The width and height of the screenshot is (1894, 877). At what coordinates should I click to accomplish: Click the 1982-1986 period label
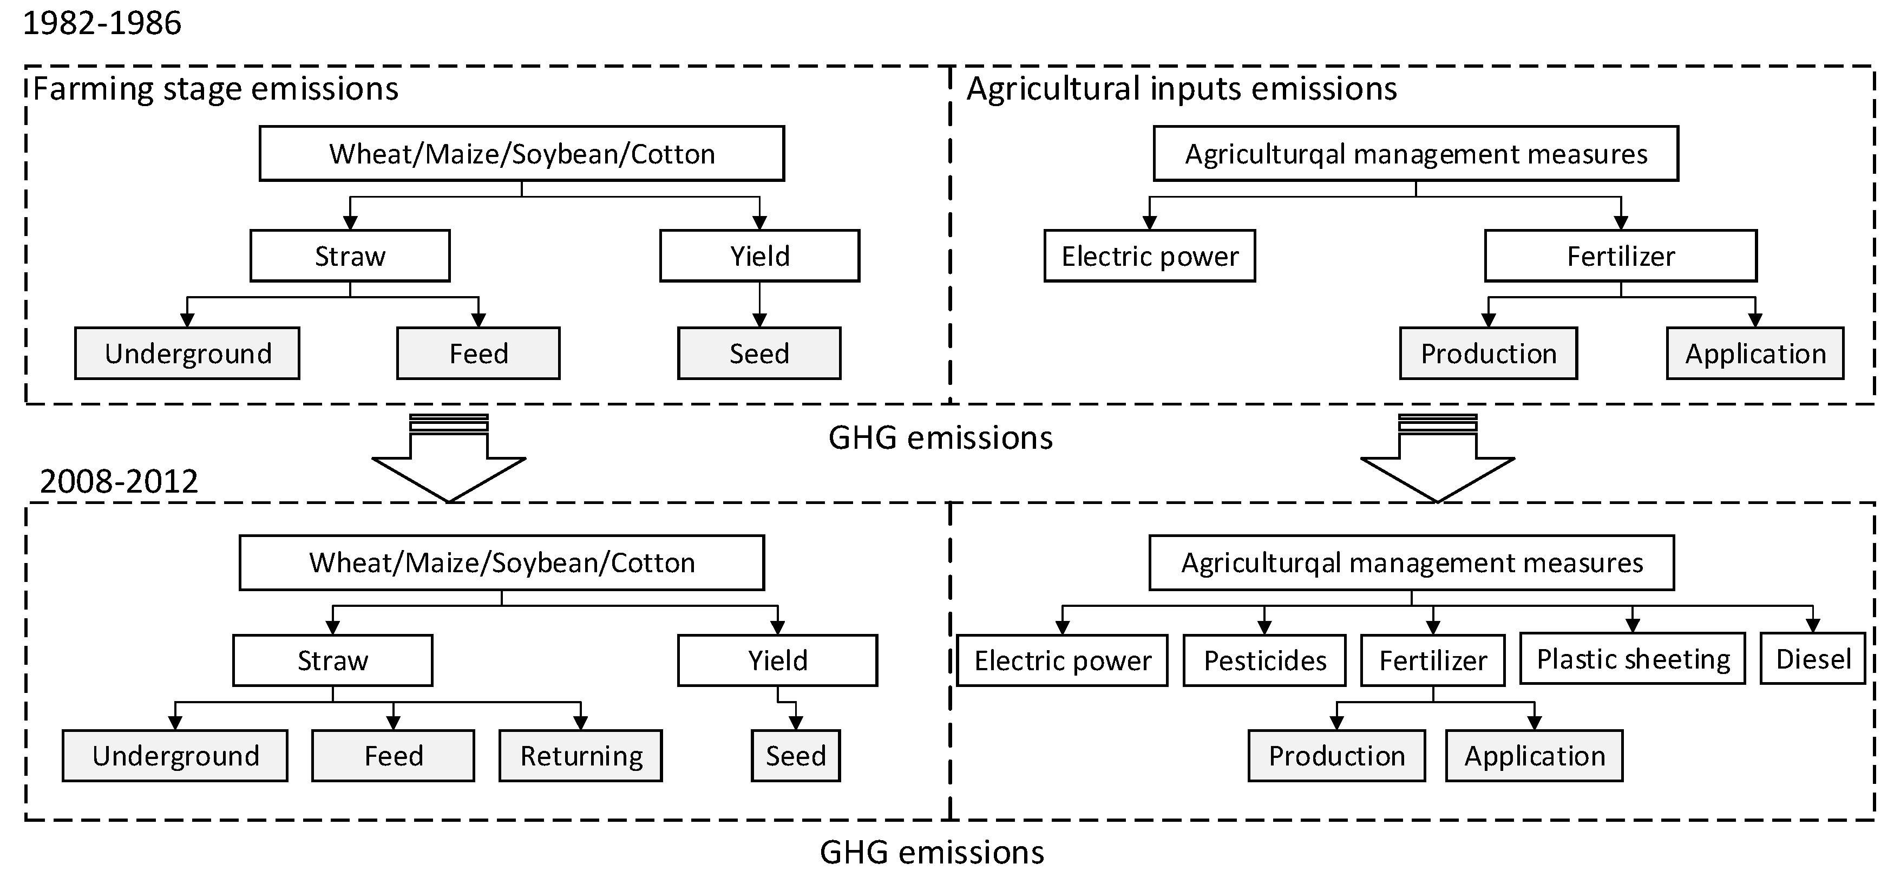pos(102,23)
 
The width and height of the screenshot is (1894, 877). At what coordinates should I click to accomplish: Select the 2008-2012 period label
pos(119,481)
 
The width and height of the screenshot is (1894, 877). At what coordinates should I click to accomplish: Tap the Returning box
pos(581,756)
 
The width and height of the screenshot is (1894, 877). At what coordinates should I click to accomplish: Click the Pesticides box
pos(1264,660)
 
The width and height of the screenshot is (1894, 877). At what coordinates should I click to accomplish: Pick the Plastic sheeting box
pos(1633,659)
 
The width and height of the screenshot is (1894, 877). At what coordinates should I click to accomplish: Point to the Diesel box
pos(1813,659)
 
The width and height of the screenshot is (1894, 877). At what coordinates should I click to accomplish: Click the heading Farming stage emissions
pos(215,89)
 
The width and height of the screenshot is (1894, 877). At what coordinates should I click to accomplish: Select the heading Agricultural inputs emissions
pos(1182,89)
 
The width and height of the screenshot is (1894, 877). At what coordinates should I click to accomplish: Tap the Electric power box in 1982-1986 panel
pos(1150,256)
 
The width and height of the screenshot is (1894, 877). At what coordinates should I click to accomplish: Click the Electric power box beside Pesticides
pos(1063,660)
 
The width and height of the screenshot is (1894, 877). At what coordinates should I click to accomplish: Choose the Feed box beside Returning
pos(394,756)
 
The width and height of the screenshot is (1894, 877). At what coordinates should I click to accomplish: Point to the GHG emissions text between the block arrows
pos(940,438)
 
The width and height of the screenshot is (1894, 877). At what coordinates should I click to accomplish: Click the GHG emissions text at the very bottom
pos(932,853)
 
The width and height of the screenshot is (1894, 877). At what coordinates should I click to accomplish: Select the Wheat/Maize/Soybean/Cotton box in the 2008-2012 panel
pos(502,562)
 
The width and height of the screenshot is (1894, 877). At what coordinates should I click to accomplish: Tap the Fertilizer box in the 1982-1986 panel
pos(1621,256)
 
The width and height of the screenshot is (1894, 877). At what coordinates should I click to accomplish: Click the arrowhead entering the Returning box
pos(581,724)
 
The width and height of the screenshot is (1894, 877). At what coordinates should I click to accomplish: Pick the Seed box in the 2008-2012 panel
pos(796,756)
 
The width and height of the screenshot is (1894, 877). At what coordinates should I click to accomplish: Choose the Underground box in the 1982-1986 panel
pos(187,354)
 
